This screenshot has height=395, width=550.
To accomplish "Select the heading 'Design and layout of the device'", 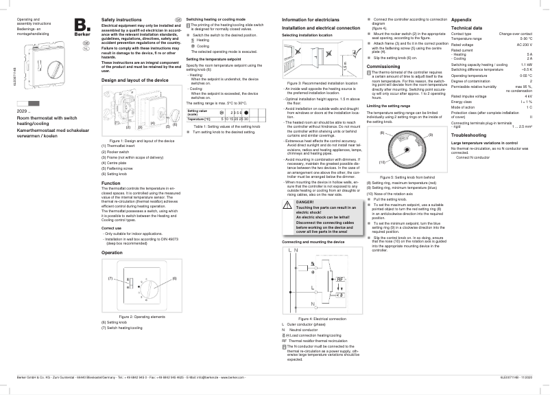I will (134, 80).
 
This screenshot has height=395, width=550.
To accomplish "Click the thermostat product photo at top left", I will (36, 62).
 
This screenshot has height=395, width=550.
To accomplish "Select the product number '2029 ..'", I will (24, 110).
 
